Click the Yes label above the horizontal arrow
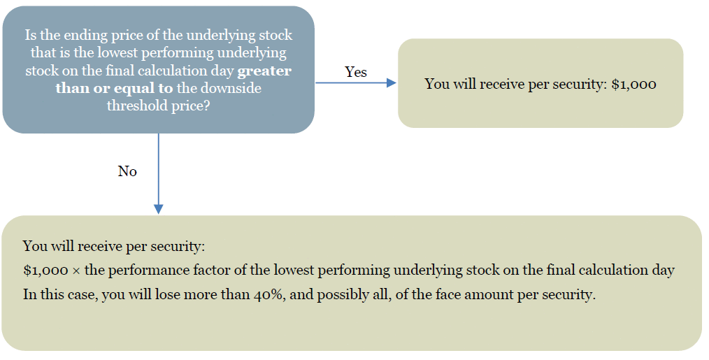point(356,72)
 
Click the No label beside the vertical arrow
point(127,171)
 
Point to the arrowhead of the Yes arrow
point(392,82)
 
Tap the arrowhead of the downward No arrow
point(158,208)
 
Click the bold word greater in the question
point(264,71)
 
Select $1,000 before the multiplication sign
point(45,271)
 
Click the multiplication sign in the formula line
point(76,271)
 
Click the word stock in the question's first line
point(275,35)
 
